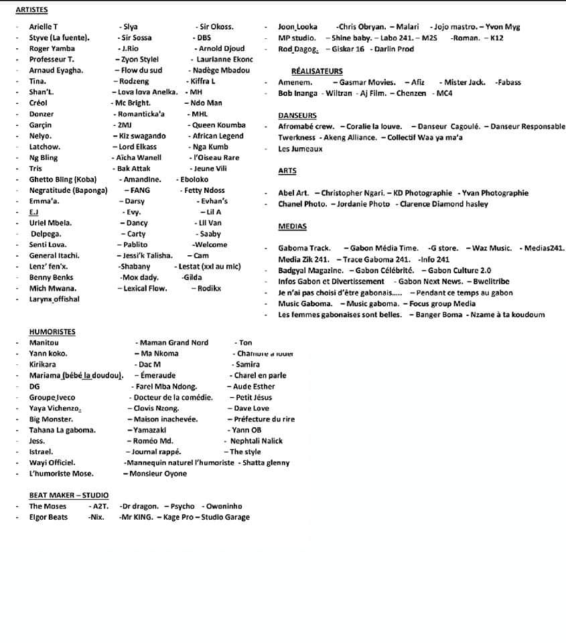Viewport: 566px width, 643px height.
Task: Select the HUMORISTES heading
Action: [x=52, y=332]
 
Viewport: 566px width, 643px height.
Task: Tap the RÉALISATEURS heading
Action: [x=317, y=71]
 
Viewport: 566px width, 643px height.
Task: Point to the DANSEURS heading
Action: [x=297, y=116]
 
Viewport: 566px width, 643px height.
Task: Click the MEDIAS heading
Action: [x=292, y=226]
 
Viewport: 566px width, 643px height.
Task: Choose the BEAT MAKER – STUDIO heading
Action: [x=68, y=495]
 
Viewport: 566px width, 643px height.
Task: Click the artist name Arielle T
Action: [x=44, y=27]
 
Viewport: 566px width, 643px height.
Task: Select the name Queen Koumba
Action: [x=218, y=125]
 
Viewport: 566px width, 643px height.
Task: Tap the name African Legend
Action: [x=218, y=136]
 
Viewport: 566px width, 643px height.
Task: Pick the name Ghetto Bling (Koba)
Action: [x=63, y=180]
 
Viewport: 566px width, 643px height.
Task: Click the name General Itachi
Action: [x=54, y=256]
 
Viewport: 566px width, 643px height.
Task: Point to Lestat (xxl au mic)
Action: [x=210, y=267]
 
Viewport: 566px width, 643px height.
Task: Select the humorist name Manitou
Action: [x=44, y=343]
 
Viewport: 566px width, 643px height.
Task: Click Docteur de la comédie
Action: [x=173, y=397]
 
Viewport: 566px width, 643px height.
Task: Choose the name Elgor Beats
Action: [x=48, y=517]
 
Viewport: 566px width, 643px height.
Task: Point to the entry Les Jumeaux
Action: [x=300, y=149]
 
